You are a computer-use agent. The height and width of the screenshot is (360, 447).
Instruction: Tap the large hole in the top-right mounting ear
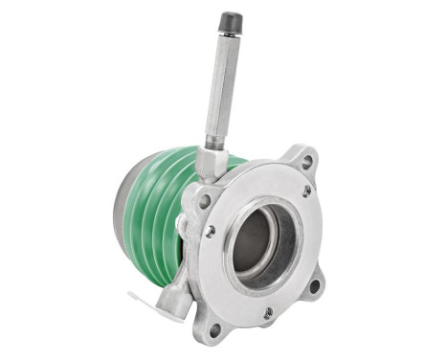pos(306,162)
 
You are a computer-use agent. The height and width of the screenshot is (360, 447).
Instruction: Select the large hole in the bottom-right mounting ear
pos(314,284)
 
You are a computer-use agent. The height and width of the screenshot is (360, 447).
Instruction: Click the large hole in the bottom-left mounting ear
pos(214,329)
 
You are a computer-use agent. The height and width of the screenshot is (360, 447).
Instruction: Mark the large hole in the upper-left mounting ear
pos(202,202)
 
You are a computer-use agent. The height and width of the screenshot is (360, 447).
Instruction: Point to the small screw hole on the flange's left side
pos(210,232)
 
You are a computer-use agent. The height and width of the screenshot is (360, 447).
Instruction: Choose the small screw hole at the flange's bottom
pos(268,312)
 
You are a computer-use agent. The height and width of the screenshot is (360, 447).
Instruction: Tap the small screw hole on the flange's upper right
pos(306,191)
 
